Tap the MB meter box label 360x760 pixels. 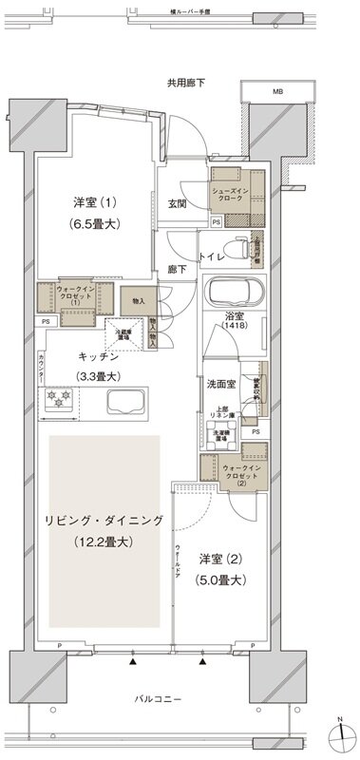pos(277,92)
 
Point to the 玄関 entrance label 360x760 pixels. pos(179,203)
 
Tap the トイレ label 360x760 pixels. pos(213,256)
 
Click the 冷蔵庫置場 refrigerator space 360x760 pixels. pos(121,333)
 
